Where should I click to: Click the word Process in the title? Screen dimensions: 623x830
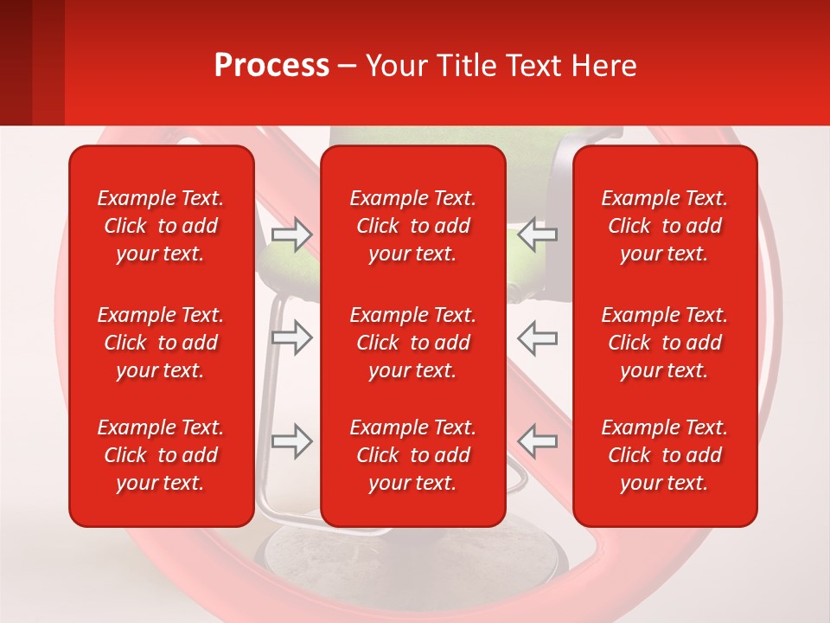point(271,66)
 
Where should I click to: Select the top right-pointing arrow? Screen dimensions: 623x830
point(291,234)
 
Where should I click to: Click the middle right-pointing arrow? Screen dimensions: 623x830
point(291,337)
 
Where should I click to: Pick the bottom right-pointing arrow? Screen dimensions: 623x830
point(291,441)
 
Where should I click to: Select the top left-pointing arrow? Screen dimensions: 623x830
point(537,234)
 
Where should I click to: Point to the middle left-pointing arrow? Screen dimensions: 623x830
point(537,337)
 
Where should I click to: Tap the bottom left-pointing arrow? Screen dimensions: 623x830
point(537,441)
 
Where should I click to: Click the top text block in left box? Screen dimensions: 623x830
point(161,226)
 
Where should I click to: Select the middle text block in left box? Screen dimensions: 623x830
point(161,343)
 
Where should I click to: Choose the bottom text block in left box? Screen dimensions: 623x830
point(161,455)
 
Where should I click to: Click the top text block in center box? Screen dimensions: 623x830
point(413,226)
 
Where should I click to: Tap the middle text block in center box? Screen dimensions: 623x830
point(413,343)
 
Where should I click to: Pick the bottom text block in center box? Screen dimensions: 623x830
point(413,455)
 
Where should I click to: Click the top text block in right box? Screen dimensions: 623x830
point(665,226)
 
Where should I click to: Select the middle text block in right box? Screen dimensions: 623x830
point(665,343)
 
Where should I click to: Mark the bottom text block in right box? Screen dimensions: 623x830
point(665,455)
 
